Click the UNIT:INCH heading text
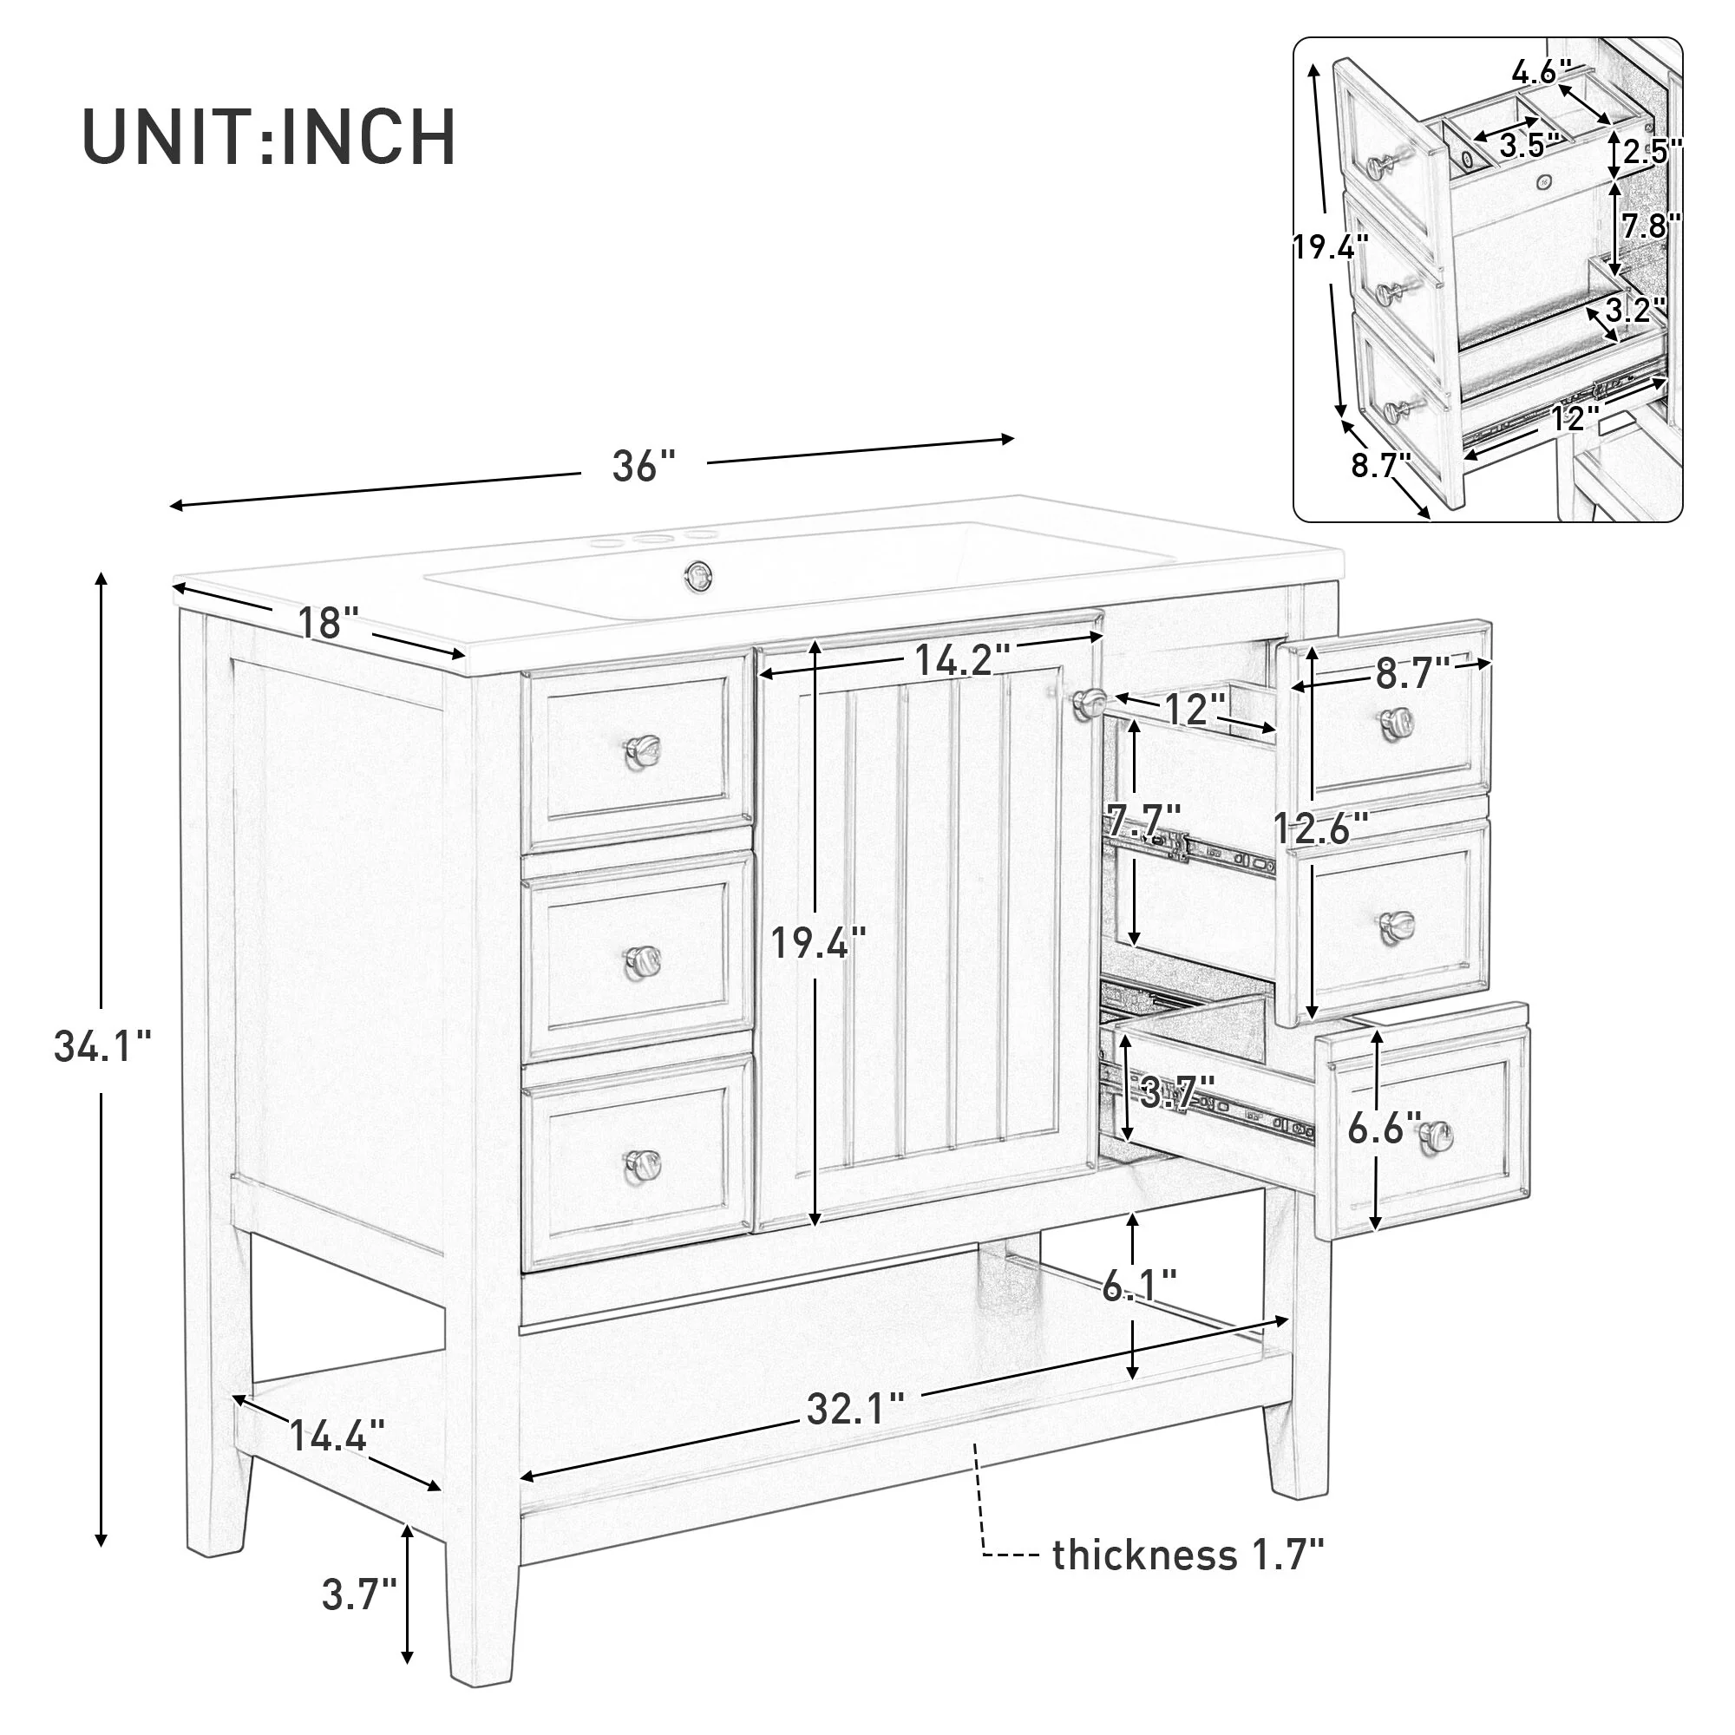[x=270, y=136]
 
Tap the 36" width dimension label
[x=643, y=466]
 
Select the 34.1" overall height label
[x=102, y=1047]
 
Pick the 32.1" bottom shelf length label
[x=854, y=1408]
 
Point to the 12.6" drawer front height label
[x=1321, y=828]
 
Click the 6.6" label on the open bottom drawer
[x=1384, y=1128]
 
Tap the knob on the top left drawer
[x=643, y=747]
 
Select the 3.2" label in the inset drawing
[x=1636, y=310]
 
